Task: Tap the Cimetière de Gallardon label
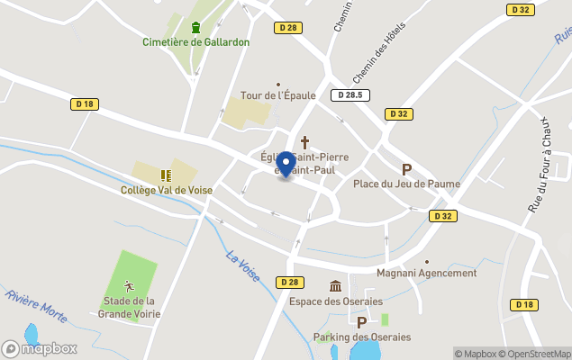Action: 195,42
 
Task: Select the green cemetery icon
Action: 195,26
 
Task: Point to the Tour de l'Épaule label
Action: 277,96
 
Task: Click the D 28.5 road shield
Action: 350,95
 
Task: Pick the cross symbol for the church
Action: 304,142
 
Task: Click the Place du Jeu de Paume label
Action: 406,184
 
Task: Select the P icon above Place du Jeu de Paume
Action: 406,169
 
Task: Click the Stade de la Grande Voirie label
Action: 130,307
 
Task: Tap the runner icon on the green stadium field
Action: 129,285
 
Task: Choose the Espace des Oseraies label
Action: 335,301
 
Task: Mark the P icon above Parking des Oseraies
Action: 361,322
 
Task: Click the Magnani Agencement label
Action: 427,274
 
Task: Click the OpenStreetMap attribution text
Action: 537,354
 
